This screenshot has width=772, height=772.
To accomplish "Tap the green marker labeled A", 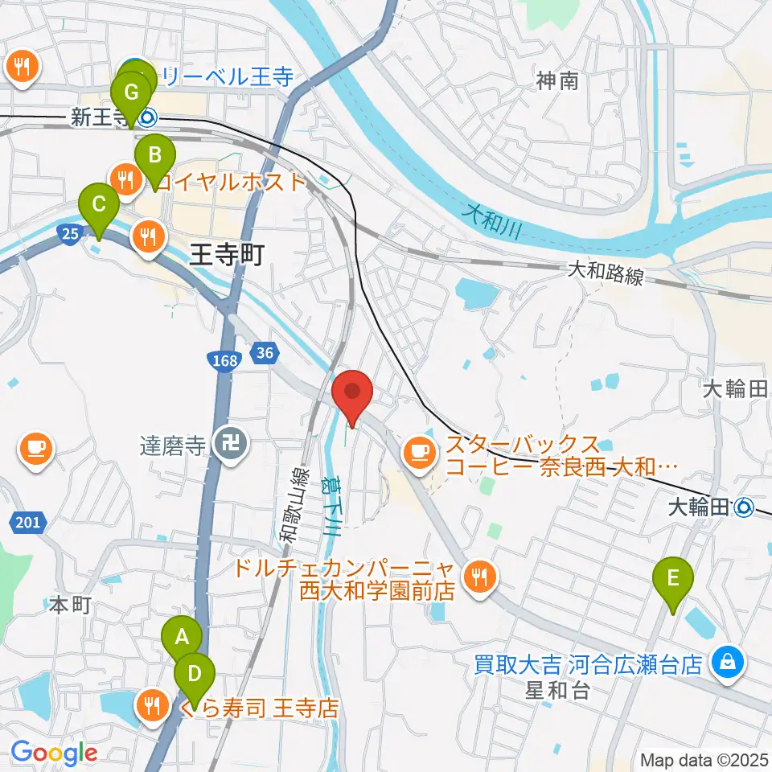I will pyautogui.click(x=182, y=638).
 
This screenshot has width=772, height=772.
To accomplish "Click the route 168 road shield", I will pyautogui.click(x=226, y=360).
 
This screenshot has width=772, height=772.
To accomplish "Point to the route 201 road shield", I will pyautogui.click(x=27, y=524).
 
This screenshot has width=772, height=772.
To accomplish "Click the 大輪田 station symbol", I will pyautogui.click(x=745, y=507).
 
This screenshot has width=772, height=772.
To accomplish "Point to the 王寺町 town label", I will pyautogui.click(x=228, y=257).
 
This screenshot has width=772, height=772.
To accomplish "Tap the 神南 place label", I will pyautogui.click(x=558, y=80).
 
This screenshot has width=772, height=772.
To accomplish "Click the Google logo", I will pyautogui.click(x=54, y=753).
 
